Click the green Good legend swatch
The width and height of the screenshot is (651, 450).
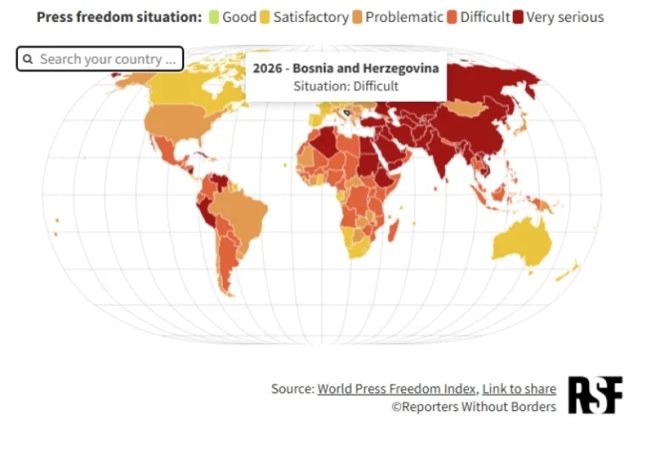[214, 17]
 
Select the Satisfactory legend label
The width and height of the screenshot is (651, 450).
[310, 17]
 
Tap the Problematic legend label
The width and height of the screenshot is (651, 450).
[404, 17]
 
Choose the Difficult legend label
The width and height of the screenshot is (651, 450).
[485, 17]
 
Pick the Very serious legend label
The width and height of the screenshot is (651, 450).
[565, 17]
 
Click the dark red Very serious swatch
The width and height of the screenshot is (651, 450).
[519, 17]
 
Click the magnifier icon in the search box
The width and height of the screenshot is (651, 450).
[28, 59]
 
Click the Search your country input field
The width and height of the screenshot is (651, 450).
[109, 59]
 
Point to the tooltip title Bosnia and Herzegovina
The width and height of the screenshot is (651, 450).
[345, 69]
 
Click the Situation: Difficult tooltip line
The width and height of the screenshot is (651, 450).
[345, 86]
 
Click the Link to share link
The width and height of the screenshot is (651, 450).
[519, 389]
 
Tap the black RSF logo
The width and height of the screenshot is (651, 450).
[594, 395]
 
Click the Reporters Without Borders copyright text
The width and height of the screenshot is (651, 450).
[473, 407]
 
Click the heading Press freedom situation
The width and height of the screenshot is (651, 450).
[119, 17]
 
